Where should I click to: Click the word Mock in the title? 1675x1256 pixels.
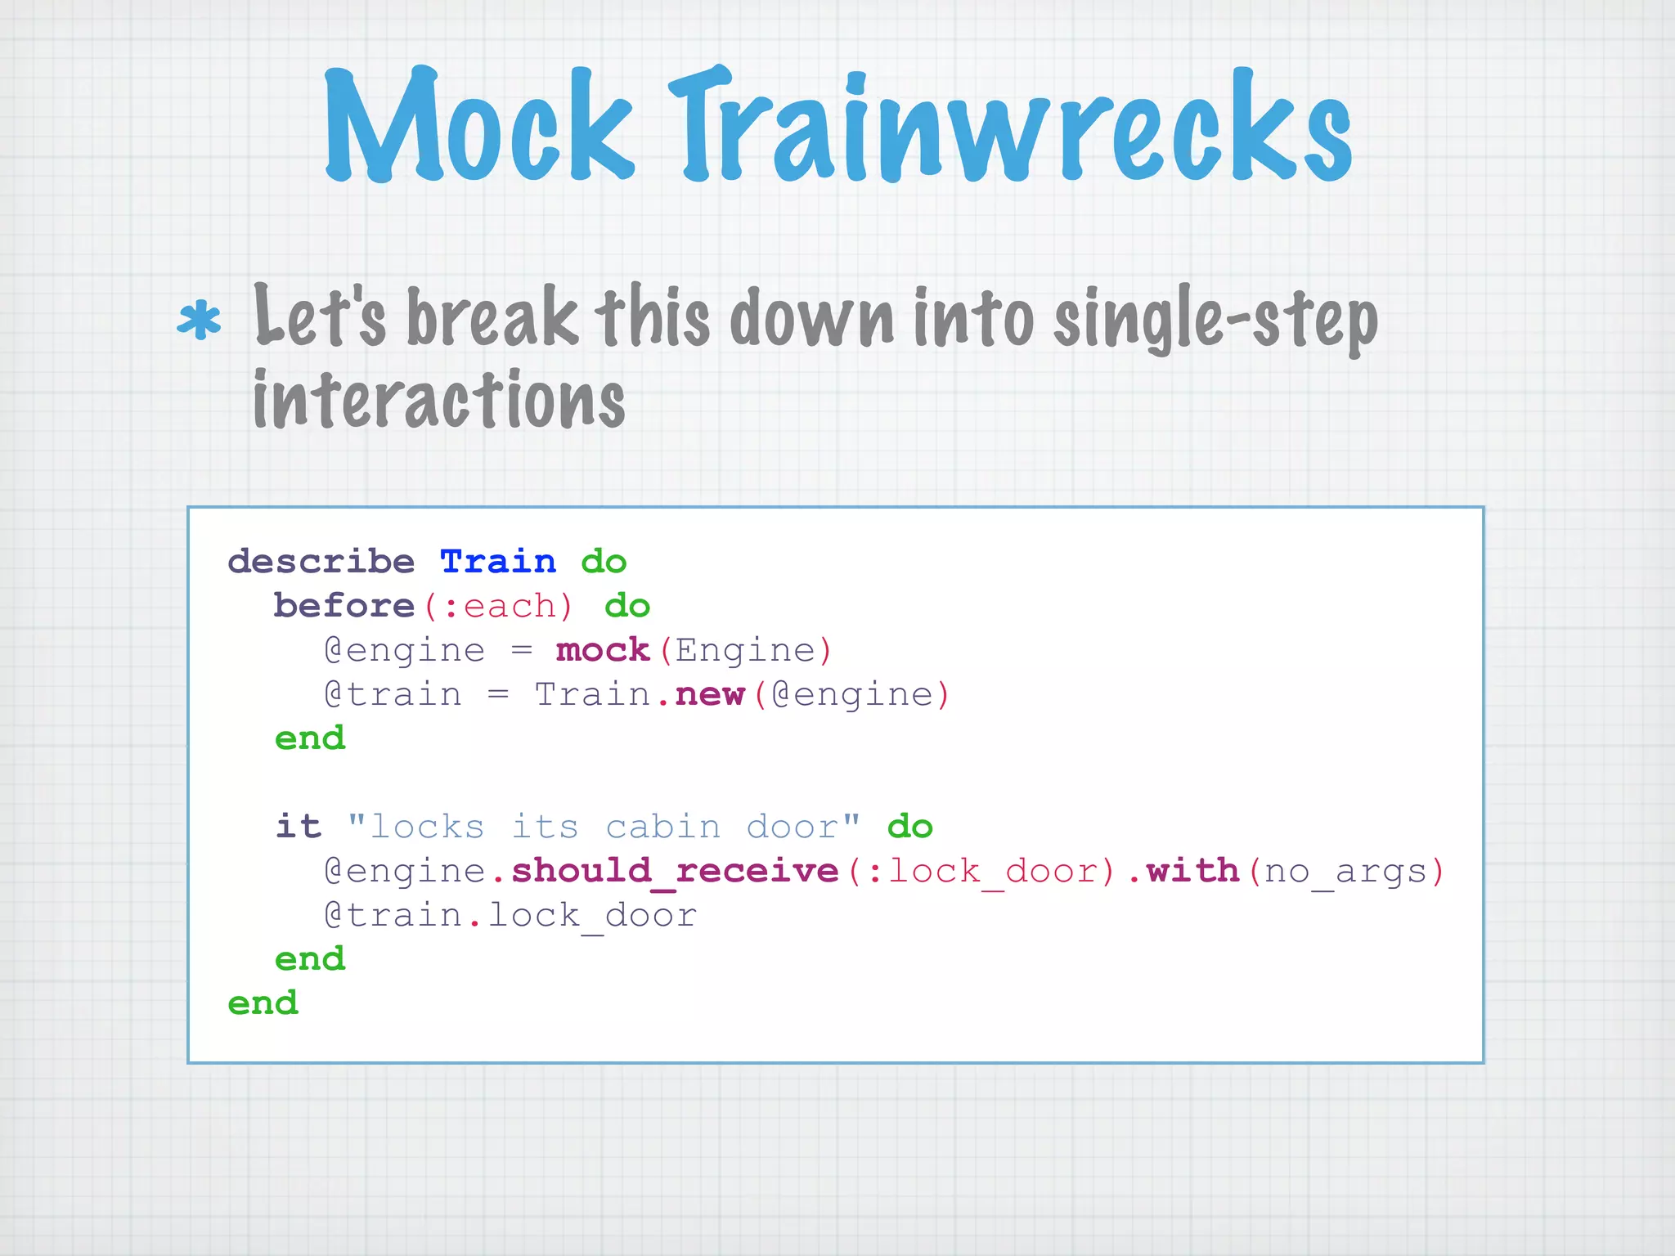[x=478, y=127]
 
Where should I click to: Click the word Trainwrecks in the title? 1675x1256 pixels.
[x=1010, y=127]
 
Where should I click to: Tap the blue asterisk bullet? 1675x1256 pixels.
[x=199, y=321]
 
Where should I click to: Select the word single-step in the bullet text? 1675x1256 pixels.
[x=1215, y=321]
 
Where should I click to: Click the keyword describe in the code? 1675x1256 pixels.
[x=321, y=562]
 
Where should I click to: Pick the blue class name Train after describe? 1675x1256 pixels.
[x=498, y=562]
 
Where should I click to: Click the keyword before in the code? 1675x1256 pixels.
[x=344, y=606]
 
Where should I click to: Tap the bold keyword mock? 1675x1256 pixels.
[x=603, y=650]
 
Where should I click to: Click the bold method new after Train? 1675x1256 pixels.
[x=710, y=694]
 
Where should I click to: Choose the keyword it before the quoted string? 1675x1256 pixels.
[x=299, y=827]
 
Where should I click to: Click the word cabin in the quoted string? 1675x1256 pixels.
[x=663, y=827]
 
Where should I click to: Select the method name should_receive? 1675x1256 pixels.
[x=676, y=871]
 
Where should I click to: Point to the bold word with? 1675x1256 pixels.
[x=1192, y=871]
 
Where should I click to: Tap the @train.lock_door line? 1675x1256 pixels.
[x=510, y=915]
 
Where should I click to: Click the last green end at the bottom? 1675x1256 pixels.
[x=263, y=1003]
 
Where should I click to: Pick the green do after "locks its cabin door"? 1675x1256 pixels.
[x=909, y=827]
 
